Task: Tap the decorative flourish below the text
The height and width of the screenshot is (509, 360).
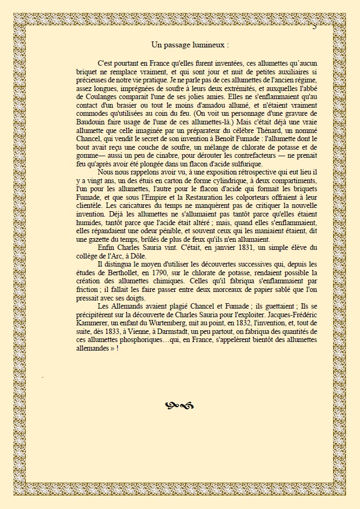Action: [180, 405]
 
